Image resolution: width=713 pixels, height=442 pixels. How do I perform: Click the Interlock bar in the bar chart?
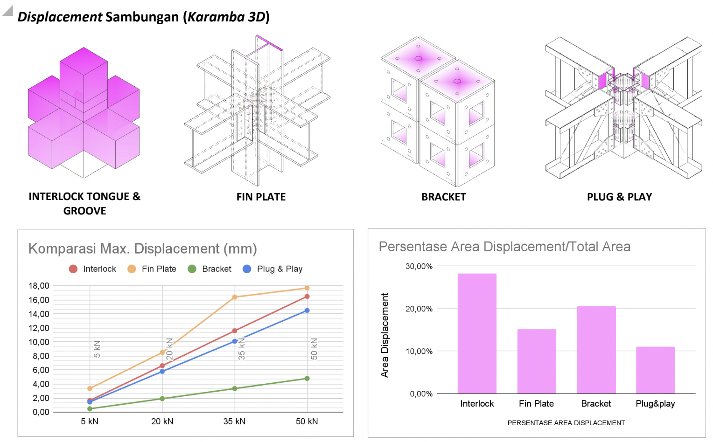477,333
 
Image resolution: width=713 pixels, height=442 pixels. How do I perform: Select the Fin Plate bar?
537,361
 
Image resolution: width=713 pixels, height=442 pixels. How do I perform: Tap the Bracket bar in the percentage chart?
596,350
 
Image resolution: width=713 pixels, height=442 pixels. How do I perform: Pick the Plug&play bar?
655,370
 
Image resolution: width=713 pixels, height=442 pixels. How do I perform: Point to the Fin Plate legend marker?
132,269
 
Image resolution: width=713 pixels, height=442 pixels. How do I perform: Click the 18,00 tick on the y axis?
39,286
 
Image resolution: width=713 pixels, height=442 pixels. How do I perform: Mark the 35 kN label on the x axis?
234,421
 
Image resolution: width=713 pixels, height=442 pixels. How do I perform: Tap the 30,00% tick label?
419,266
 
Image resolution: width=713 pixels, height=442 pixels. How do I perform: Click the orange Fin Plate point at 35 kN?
235,297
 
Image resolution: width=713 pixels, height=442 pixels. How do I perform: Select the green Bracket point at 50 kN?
307,379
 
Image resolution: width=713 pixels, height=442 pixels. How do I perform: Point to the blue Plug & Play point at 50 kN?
307,311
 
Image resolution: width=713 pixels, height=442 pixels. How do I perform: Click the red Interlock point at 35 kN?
235,331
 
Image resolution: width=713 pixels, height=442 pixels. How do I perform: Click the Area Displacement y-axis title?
384,335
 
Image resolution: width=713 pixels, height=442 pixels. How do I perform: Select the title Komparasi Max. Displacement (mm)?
142,249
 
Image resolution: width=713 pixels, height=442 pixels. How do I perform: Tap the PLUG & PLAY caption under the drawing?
619,197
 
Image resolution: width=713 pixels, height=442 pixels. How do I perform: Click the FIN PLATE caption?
261,197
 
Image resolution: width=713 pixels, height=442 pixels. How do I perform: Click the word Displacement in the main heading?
60,17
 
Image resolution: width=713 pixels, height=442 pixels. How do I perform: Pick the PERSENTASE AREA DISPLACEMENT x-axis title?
566,423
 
